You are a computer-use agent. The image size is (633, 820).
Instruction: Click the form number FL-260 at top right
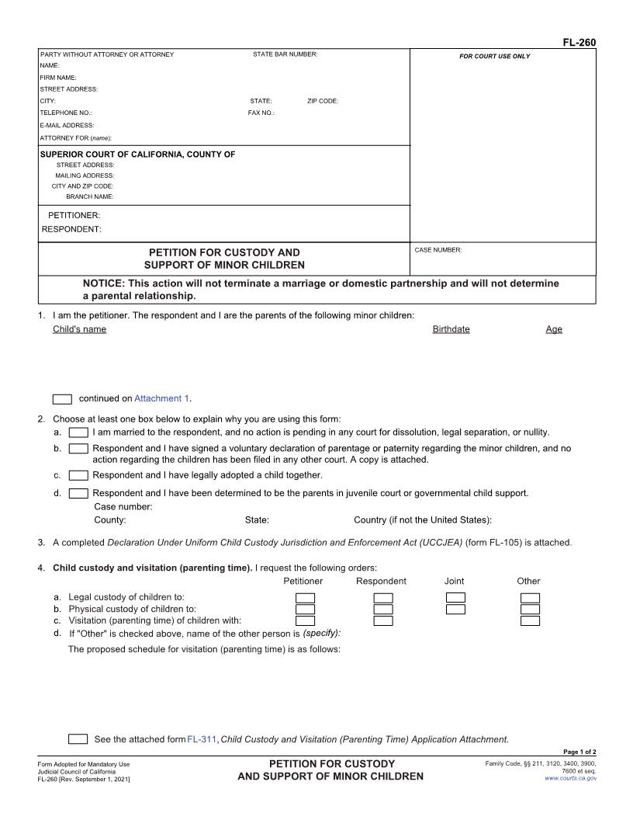tap(579, 43)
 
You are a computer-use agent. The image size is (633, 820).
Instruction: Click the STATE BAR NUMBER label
tap(285, 54)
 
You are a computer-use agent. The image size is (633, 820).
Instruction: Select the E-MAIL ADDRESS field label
tap(67, 125)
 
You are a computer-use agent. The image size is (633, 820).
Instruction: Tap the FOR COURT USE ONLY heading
tap(495, 57)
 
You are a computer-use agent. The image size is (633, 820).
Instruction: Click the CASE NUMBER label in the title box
tap(438, 250)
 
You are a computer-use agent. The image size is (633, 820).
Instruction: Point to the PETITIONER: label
tap(74, 215)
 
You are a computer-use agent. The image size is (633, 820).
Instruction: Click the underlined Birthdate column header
tap(451, 329)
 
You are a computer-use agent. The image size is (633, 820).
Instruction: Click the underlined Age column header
tap(554, 329)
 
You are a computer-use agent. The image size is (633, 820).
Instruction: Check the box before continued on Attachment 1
tap(62, 399)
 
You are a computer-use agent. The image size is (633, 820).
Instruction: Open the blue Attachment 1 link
tap(161, 398)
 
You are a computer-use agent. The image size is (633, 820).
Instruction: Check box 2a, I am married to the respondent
tap(78, 433)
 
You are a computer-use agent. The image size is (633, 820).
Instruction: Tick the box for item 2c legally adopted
tap(78, 475)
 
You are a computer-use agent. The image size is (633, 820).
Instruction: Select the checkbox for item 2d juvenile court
tap(78, 493)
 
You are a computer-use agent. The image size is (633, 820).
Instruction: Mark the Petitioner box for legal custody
tap(305, 597)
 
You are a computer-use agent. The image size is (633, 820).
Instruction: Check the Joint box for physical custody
tap(455, 609)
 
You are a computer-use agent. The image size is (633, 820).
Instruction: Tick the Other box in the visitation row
tap(530, 620)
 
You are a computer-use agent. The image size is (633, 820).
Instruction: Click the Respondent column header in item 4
tap(381, 581)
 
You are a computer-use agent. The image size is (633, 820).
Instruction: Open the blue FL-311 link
tap(202, 739)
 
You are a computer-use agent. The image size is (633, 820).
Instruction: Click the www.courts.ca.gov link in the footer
tap(571, 778)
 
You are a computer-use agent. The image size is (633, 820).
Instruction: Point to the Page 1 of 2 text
tap(579, 752)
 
